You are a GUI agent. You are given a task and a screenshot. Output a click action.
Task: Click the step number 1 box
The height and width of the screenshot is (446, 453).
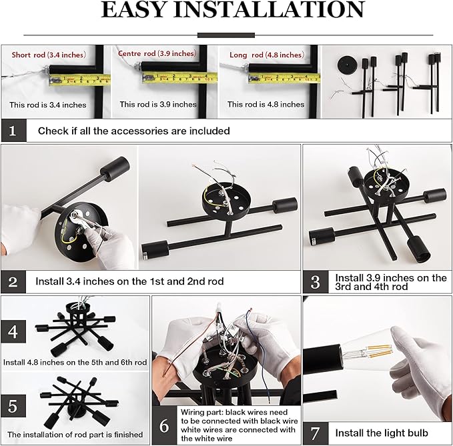point(14,131)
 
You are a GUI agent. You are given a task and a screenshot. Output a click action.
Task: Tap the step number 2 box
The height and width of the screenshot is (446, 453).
point(14,281)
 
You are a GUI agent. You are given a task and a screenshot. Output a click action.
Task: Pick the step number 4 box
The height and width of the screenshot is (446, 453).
point(14,330)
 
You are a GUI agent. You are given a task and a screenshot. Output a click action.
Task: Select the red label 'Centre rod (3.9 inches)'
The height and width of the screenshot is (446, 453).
point(157,53)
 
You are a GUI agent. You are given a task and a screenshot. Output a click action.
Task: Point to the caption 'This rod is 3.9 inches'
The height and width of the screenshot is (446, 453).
point(158,104)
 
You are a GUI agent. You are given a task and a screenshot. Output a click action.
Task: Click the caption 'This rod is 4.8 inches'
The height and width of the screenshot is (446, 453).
point(266,104)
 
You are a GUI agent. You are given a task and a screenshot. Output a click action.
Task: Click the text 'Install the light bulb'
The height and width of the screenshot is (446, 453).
point(381,432)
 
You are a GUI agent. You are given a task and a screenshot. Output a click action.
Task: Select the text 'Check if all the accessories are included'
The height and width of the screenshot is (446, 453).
point(133,131)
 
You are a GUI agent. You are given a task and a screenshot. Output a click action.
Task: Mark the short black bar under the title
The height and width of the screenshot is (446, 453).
point(226,35)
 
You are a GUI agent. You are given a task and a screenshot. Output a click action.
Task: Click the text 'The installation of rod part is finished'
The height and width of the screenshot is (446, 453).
point(75,434)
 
